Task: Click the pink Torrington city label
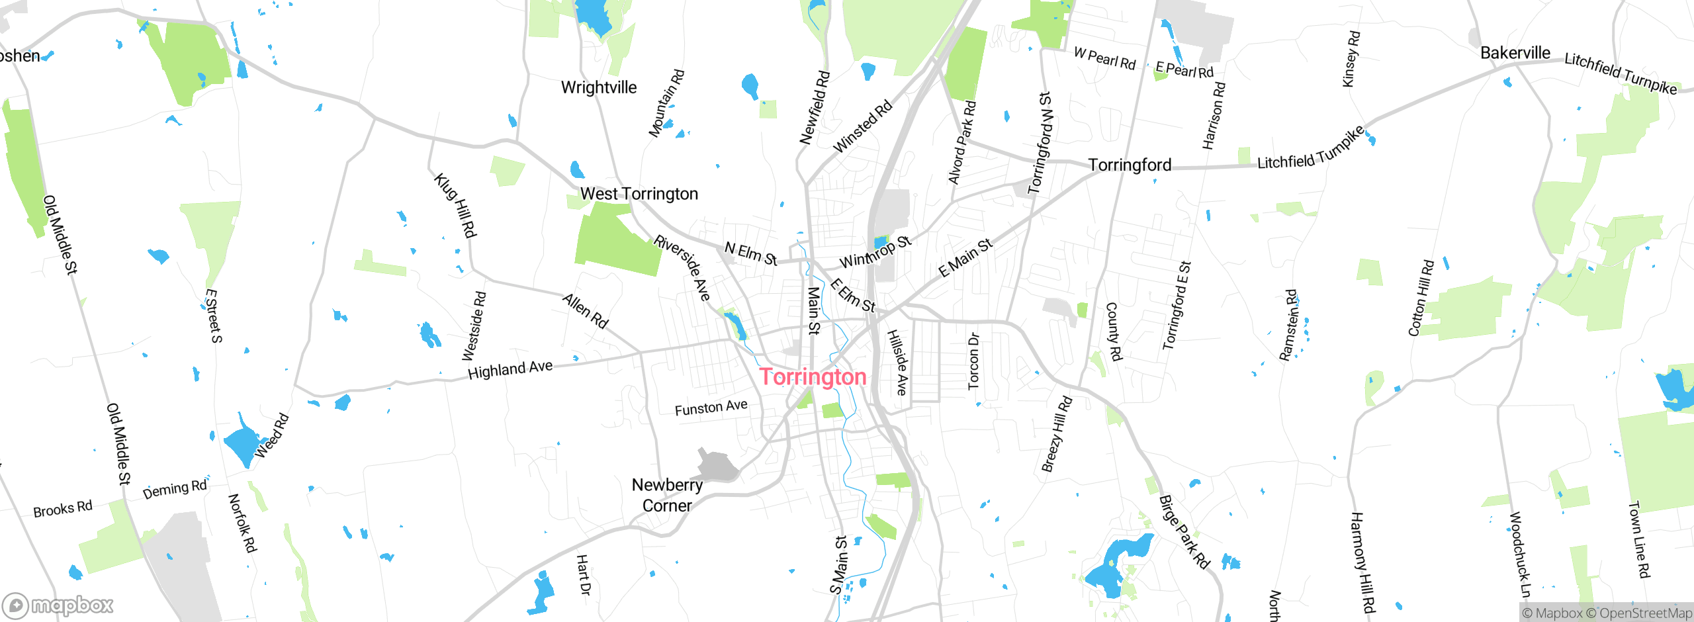point(813,377)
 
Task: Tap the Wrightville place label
point(599,87)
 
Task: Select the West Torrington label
point(639,194)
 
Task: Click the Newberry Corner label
point(667,495)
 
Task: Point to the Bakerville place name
point(1515,53)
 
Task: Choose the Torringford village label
point(1130,165)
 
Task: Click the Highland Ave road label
point(510,369)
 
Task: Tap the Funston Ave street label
point(711,408)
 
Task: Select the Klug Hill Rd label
point(455,205)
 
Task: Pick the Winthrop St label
point(875,251)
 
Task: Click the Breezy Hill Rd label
point(1056,434)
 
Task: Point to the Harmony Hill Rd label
point(1363,562)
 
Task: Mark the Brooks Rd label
point(63,509)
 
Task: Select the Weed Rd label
point(272,435)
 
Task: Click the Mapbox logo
point(58,605)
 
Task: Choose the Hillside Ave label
point(897,363)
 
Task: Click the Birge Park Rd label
point(1184,532)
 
